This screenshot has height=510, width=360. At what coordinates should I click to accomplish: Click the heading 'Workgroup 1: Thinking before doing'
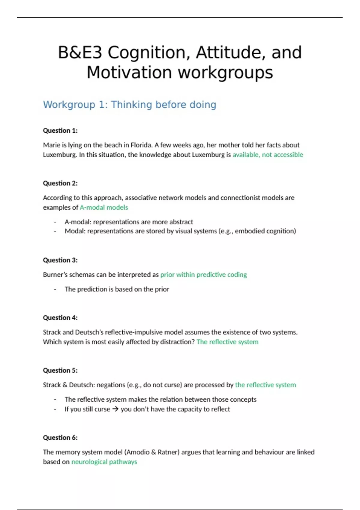[x=130, y=105]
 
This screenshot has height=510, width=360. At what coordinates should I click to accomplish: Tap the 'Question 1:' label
[x=60, y=130]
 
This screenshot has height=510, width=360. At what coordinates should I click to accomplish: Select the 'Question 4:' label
[x=60, y=318]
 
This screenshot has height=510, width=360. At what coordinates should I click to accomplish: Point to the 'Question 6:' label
[x=60, y=438]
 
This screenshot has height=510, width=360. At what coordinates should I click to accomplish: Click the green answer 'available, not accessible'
[x=268, y=155]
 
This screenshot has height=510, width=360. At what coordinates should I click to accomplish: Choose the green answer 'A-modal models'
[x=104, y=208]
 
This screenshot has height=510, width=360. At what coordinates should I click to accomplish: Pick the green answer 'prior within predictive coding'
[x=203, y=275]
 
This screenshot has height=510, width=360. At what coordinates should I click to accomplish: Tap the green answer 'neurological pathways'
[x=104, y=462]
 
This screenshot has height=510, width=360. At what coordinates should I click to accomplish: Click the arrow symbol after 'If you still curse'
[x=115, y=409]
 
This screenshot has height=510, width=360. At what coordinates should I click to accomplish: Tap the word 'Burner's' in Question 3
[x=55, y=275]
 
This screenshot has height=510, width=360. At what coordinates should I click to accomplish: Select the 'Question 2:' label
[x=60, y=183]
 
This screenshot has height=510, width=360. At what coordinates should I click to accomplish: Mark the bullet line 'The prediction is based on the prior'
[x=117, y=289]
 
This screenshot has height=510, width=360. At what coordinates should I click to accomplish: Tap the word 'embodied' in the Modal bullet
[x=248, y=231]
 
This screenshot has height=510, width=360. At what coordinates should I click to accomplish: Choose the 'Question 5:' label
[x=60, y=370]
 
